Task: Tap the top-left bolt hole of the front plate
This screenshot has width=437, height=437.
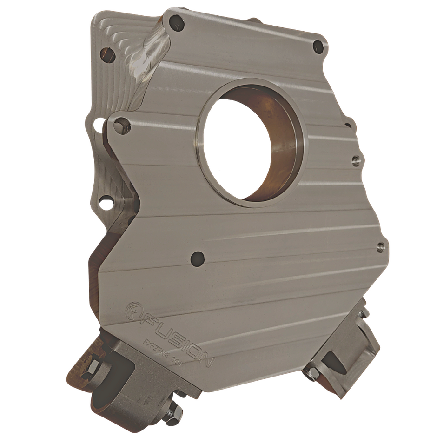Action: pyautogui.click(x=175, y=21)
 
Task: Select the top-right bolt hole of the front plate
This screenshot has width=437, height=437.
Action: pyautogui.click(x=318, y=46)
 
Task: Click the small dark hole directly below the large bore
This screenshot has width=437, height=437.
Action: pyautogui.click(x=198, y=257)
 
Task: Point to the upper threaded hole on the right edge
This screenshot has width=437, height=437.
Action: pyautogui.click(x=356, y=161)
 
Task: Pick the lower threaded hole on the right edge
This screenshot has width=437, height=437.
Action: pyautogui.click(x=381, y=246)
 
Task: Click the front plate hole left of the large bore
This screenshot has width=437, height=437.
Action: pyautogui.click(x=122, y=126)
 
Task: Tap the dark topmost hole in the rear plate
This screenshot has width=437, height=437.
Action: pyautogui.click(x=108, y=56)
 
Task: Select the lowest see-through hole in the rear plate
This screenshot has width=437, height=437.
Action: pyautogui.click(x=106, y=202)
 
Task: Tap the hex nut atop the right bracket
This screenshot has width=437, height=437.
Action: pyautogui.click(x=362, y=312)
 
